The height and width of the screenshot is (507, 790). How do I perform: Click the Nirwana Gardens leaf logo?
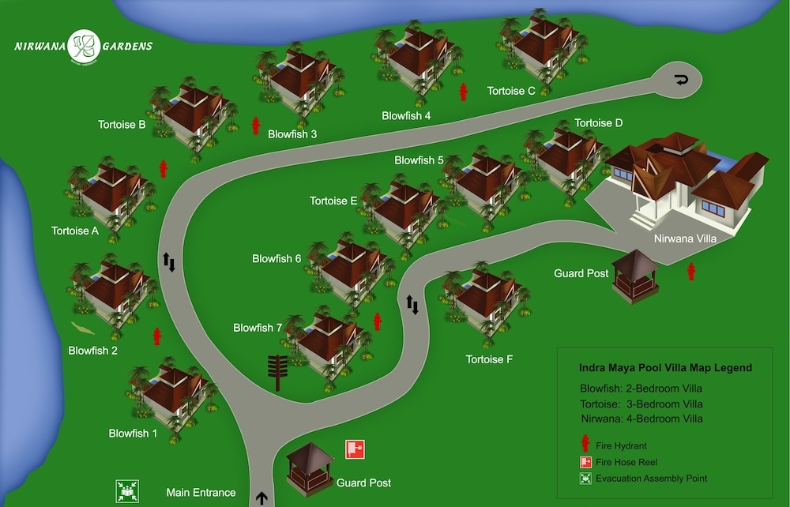pos(85,46)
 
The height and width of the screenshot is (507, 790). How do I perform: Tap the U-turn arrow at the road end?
pos(681,80)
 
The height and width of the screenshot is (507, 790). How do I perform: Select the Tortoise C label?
pos(511,91)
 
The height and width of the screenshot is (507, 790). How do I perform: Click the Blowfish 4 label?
pos(406,116)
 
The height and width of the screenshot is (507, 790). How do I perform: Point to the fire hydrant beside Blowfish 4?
pos(463,92)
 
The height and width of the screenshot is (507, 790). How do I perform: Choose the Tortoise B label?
pos(122,124)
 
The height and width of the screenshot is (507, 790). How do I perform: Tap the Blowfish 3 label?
pos(292,134)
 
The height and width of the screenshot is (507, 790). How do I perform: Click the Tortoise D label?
pos(599,123)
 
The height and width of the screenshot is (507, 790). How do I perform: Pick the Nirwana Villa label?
pos(685,238)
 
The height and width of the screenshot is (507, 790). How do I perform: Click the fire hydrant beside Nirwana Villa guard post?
pos(691,272)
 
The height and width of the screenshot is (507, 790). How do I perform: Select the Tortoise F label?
pos(489,359)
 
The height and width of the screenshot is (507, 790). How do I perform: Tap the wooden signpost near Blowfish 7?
pos(277,373)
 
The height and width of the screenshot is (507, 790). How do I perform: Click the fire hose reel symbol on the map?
pos(355,449)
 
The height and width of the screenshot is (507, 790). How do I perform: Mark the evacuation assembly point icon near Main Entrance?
pos(127,491)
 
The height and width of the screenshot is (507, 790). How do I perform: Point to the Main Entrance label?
pos(201,493)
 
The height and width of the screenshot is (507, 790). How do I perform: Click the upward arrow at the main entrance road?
pos(261,498)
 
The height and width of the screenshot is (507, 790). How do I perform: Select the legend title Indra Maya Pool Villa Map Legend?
pos(665,367)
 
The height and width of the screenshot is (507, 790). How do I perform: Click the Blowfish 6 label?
pos(276,259)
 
